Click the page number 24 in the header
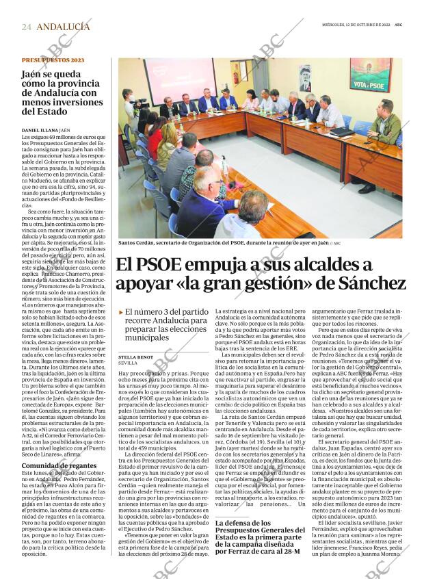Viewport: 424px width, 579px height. click(26, 27)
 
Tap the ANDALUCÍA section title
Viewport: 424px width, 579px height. click(63, 27)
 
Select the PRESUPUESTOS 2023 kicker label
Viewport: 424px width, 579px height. click(53, 61)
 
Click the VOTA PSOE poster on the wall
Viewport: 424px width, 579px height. click(370, 75)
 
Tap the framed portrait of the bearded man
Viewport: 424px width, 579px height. click(305, 78)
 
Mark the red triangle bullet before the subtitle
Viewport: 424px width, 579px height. click(121, 312)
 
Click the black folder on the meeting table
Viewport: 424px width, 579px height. click(341, 131)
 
